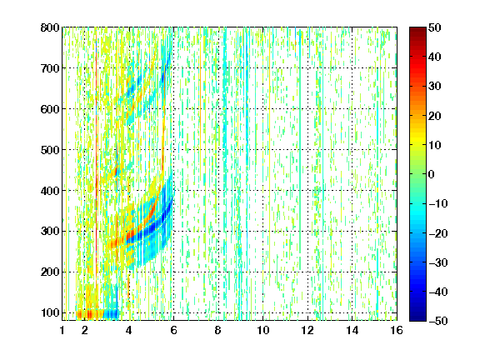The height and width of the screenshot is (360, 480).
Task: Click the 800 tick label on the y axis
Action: tap(50, 27)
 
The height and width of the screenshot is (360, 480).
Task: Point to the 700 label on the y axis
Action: tap(50, 68)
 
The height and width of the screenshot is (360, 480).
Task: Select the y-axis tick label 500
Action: tap(50, 150)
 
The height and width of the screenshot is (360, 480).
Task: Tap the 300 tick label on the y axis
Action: tap(50, 231)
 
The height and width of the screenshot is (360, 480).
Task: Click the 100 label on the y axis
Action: tap(50, 312)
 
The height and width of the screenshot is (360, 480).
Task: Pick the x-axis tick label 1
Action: tap(62, 330)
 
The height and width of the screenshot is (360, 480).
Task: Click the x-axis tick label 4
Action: tap(129, 330)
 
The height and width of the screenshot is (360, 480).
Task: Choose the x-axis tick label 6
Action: tap(173, 330)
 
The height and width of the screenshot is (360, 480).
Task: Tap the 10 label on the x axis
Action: tap(262, 330)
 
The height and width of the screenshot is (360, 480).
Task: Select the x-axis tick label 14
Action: tap(352, 330)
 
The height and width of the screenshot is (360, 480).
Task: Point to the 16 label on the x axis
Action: tap(397, 330)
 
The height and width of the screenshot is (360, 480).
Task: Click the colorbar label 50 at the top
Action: tap(435, 27)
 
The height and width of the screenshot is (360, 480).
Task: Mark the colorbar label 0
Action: tap(432, 174)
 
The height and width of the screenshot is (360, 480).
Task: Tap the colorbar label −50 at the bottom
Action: tap(438, 321)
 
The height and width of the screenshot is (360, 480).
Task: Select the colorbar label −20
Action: tap(438, 233)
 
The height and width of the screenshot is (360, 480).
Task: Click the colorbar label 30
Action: tap(435, 87)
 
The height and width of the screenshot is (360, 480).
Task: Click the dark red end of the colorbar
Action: tap(417, 30)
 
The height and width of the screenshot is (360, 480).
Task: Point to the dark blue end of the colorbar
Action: tap(417, 317)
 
